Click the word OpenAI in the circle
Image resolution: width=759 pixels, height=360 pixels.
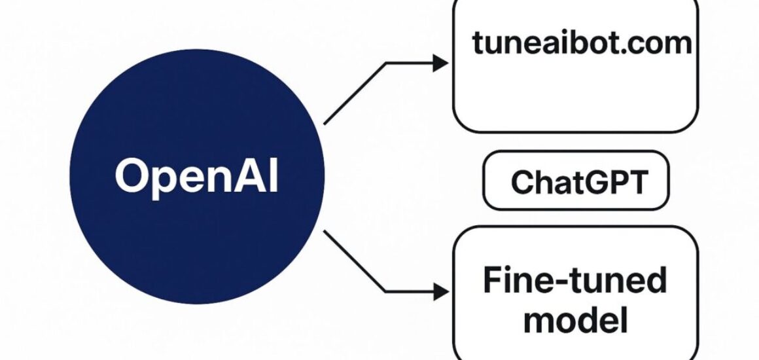tap(196, 175)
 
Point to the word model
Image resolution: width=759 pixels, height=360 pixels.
tap(576, 321)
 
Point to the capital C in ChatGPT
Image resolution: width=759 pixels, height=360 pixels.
tap(523, 182)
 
